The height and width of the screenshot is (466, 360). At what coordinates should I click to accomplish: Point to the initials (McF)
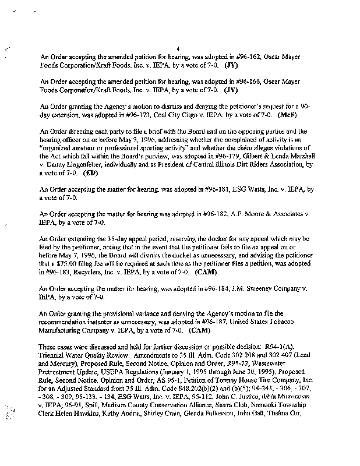pyautogui.click(x=304, y=115)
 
